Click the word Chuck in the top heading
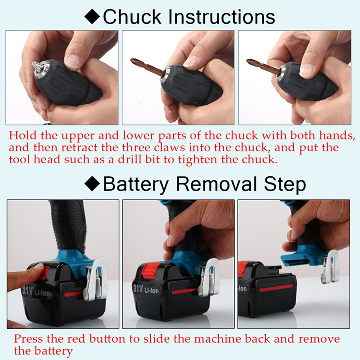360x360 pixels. (x=132, y=17)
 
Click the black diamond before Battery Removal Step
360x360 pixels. (x=92, y=184)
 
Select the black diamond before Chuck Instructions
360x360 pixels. (x=92, y=17)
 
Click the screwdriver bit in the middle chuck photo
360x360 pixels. (x=147, y=67)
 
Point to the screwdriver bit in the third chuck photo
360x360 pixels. (x=264, y=66)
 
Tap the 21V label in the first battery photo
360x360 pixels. (x=27, y=290)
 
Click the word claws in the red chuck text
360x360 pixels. (x=169, y=147)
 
